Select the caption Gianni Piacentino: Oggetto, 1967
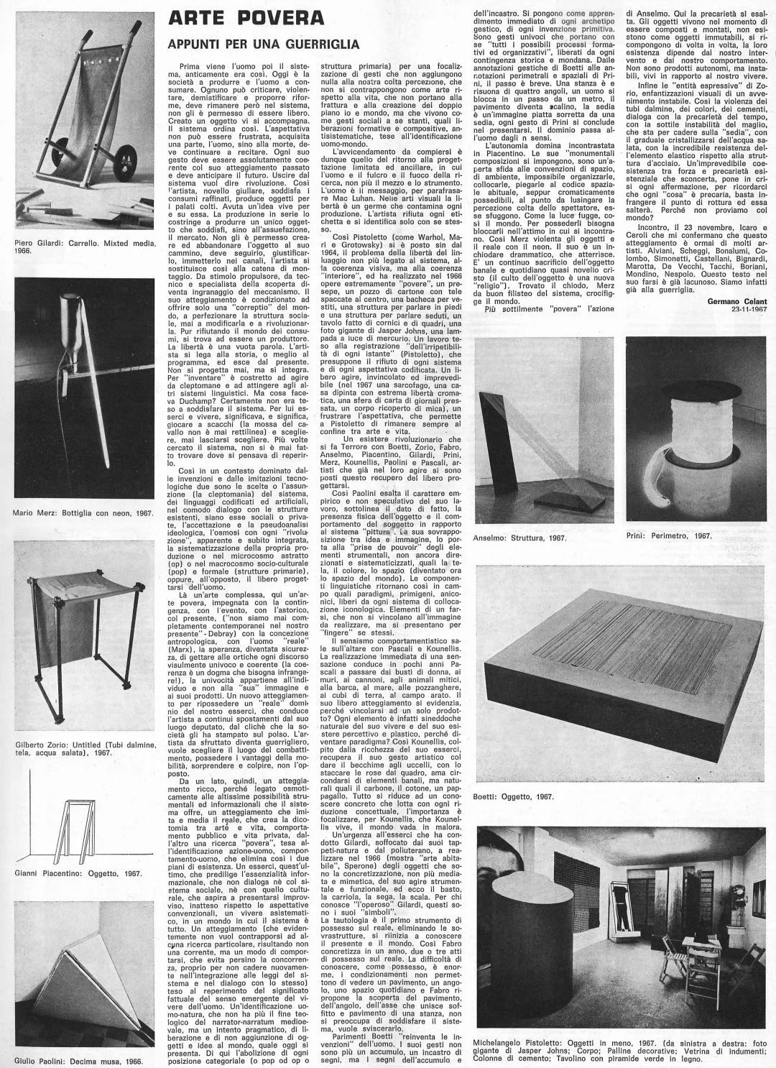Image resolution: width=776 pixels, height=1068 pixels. [78, 873]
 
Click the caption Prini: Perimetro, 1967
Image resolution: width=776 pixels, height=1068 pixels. [669, 535]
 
